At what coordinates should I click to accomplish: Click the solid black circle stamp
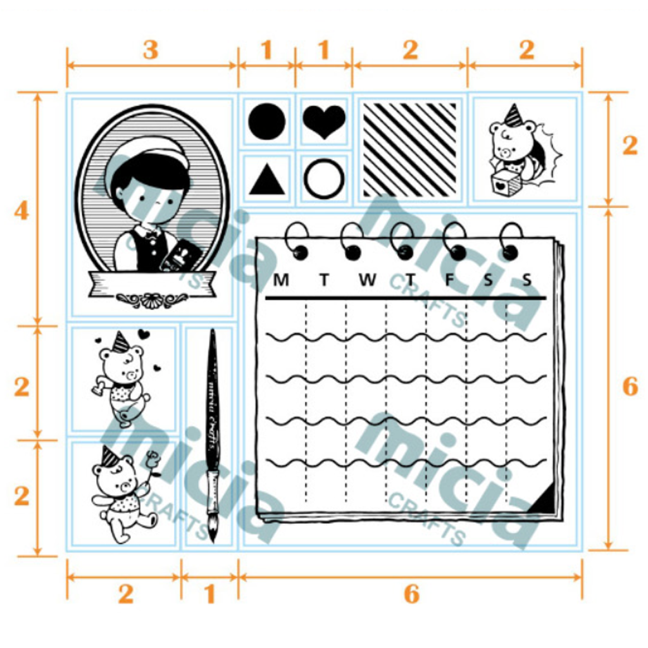click(266, 121)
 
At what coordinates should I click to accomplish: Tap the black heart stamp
click(324, 121)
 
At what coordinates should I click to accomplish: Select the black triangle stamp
click(266, 180)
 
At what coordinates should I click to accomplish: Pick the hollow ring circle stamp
click(324, 179)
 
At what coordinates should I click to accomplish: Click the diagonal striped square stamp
click(409, 149)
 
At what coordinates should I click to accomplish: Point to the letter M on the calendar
click(281, 280)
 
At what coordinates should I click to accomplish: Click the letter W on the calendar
click(367, 280)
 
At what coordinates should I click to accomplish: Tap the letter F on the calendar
click(449, 280)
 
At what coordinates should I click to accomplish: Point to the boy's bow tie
click(151, 233)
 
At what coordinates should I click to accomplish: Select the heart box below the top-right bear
click(506, 184)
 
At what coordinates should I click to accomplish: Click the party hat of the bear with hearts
click(120, 342)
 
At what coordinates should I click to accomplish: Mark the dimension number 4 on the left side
click(22, 210)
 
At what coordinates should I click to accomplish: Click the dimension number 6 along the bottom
click(411, 594)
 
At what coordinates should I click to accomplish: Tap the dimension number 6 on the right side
click(630, 386)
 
